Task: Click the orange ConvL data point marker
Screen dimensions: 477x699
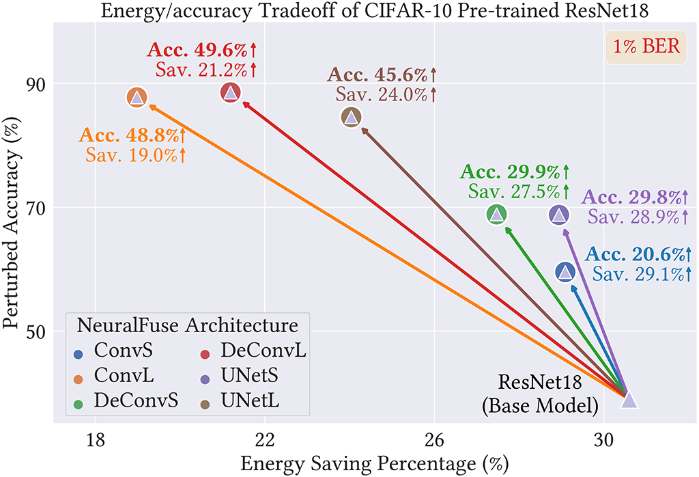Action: [137, 98]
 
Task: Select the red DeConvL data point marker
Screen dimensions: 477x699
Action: [230, 93]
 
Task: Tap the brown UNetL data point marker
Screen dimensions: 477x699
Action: [351, 117]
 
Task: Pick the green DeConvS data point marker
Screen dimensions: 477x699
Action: [497, 214]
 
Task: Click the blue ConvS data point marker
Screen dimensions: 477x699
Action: [565, 272]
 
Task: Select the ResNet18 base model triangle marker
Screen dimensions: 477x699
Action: [629, 400]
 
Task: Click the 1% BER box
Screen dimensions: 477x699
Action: [645, 49]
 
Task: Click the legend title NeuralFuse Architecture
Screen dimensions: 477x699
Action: [187, 325]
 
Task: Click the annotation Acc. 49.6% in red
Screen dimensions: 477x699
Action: [201, 51]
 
